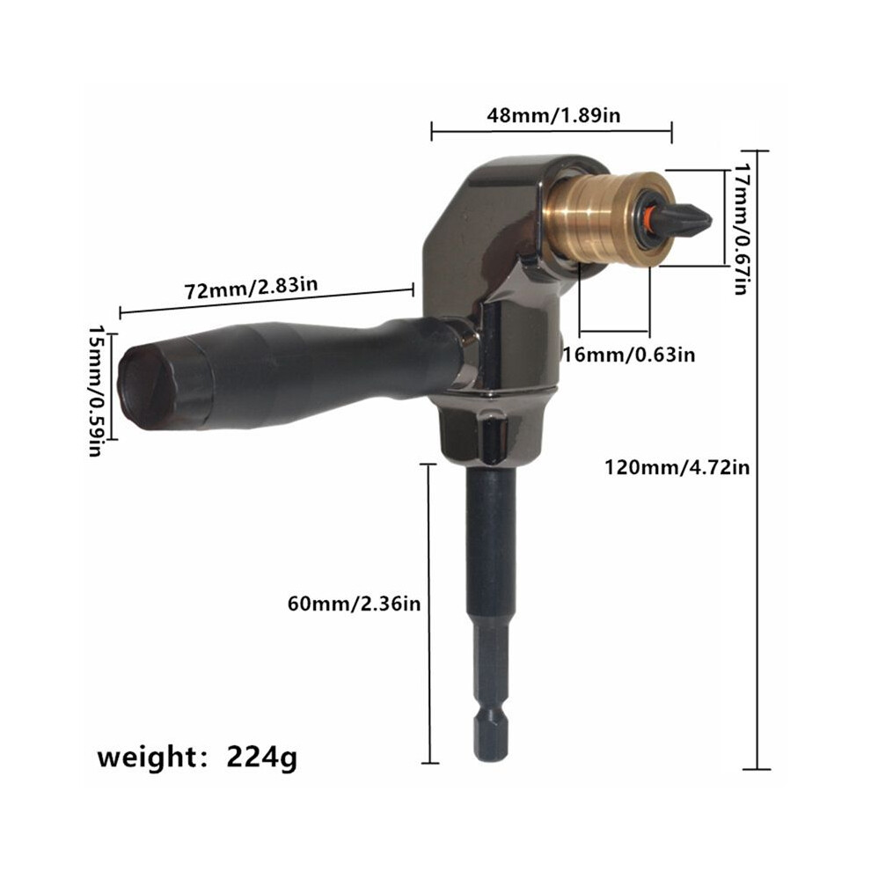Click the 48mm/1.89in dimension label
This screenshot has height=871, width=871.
tap(553, 115)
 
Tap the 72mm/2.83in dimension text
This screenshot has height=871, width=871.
tap(251, 288)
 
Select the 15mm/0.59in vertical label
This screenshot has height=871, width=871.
tap(96, 391)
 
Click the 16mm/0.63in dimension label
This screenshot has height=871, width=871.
tap(629, 354)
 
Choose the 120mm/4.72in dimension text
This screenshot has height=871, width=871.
tap(677, 467)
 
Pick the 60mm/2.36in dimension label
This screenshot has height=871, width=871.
tap(354, 604)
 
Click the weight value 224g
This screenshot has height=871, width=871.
tap(261, 758)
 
